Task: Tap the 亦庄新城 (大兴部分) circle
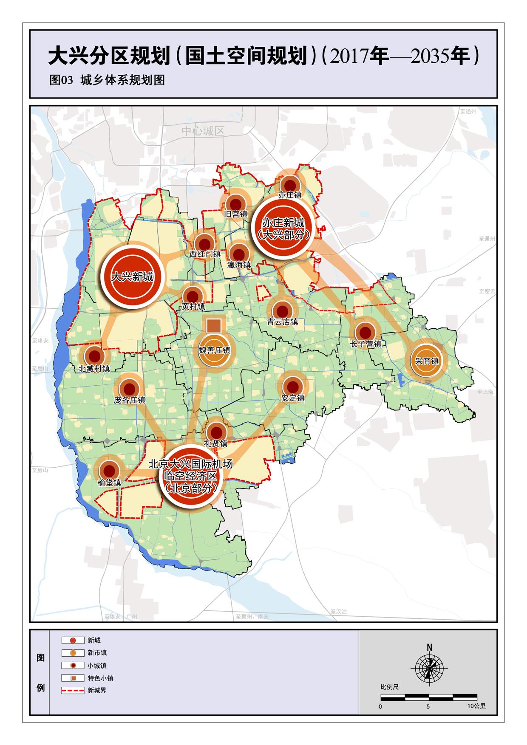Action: [x=283, y=228]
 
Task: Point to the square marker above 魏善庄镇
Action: [x=213, y=325]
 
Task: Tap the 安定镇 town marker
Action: [x=293, y=387]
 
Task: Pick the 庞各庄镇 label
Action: [x=130, y=400]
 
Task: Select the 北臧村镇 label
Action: [x=94, y=369]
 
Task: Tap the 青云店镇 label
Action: [x=283, y=322]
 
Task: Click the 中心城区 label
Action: [x=203, y=131]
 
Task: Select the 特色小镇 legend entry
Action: [x=100, y=678]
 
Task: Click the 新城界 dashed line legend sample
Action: [x=73, y=691]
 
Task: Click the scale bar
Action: [x=428, y=697]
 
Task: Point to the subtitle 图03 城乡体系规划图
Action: [x=107, y=80]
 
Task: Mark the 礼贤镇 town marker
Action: [x=216, y=432]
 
